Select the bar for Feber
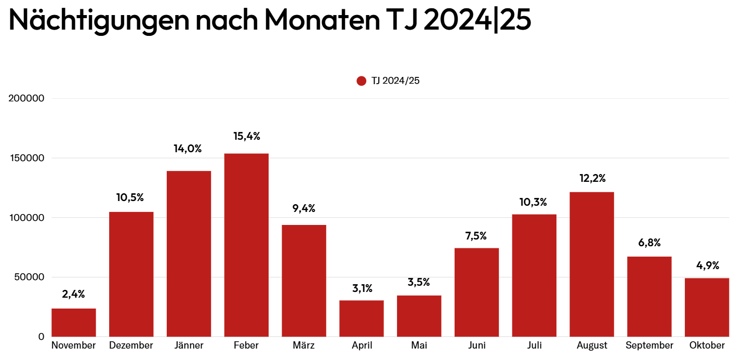246,245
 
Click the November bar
74,323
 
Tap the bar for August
592,264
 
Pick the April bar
362,318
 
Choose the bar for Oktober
707,308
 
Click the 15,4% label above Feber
246,137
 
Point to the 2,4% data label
74,295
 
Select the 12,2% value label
592,178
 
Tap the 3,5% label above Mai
419,283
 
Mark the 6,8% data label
649,243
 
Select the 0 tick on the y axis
41,337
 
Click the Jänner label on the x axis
189,346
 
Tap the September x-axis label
649,346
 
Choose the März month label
304,346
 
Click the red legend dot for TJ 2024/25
362,81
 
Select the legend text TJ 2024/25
395,81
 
